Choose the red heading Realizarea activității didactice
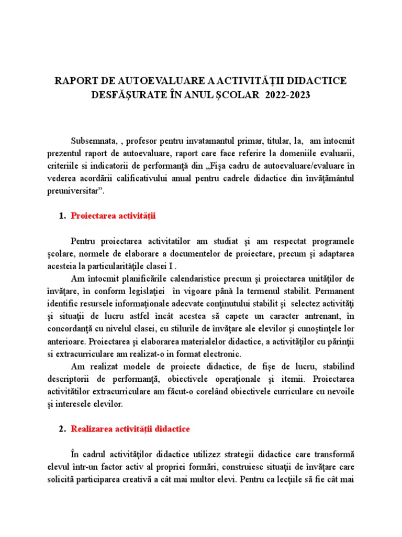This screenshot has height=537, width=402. pos(130,429)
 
